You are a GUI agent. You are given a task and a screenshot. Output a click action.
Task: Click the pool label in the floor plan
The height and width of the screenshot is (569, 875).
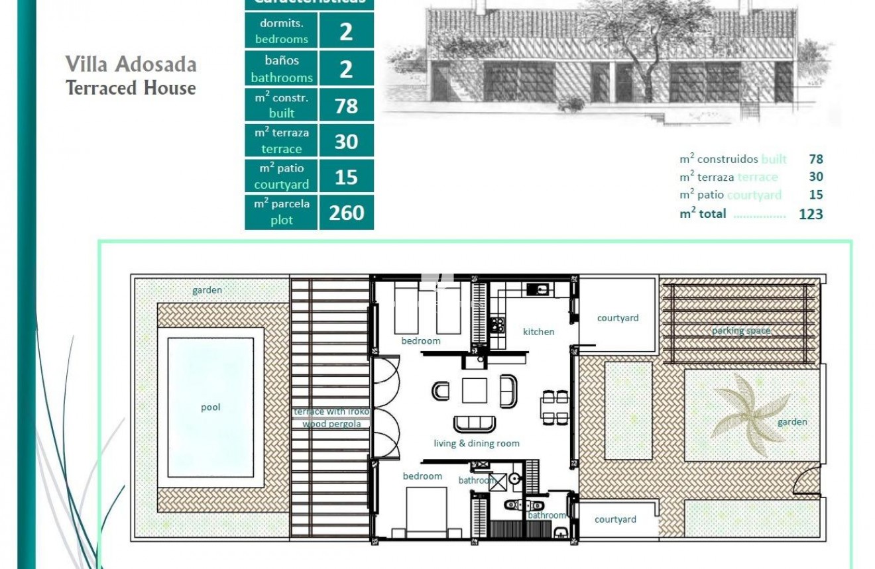[x=211, y=407]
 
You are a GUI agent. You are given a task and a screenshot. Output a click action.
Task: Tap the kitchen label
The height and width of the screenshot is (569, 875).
[x=538, y=332]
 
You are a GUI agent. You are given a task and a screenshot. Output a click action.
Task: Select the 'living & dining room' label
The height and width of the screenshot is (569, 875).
[x=476, y=444]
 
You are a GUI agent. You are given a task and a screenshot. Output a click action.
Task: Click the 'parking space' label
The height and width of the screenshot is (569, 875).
[x=741, y=331]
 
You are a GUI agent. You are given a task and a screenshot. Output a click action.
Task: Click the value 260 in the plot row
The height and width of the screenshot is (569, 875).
[x=346, y=213]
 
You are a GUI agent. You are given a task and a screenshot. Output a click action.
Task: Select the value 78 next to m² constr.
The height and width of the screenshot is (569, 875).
[x=346, y=106]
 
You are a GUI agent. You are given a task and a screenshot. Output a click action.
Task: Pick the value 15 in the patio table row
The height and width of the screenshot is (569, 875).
[x=346, y=178]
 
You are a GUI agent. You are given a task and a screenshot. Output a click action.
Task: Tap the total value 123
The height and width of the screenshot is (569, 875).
[x=811, y=214]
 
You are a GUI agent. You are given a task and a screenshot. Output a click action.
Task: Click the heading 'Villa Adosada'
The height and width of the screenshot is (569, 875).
[x=131, y=65]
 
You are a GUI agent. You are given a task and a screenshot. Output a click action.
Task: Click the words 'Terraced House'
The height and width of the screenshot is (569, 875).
[x=131, y=88]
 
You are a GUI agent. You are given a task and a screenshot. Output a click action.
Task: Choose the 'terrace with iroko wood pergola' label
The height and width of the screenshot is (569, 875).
[x=331, y=418]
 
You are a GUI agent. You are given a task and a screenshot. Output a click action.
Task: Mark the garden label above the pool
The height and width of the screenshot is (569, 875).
[x=207, y=290]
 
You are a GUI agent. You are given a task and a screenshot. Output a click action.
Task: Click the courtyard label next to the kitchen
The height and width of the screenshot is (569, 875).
[x=618, y=318]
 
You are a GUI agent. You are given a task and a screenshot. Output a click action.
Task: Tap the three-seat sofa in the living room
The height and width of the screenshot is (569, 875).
[x=474, y=423]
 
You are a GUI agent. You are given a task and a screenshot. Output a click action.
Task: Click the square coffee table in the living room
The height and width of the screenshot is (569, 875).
[x=475, y=390]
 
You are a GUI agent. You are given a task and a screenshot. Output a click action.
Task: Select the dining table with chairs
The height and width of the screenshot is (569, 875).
[x=555, y=407]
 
